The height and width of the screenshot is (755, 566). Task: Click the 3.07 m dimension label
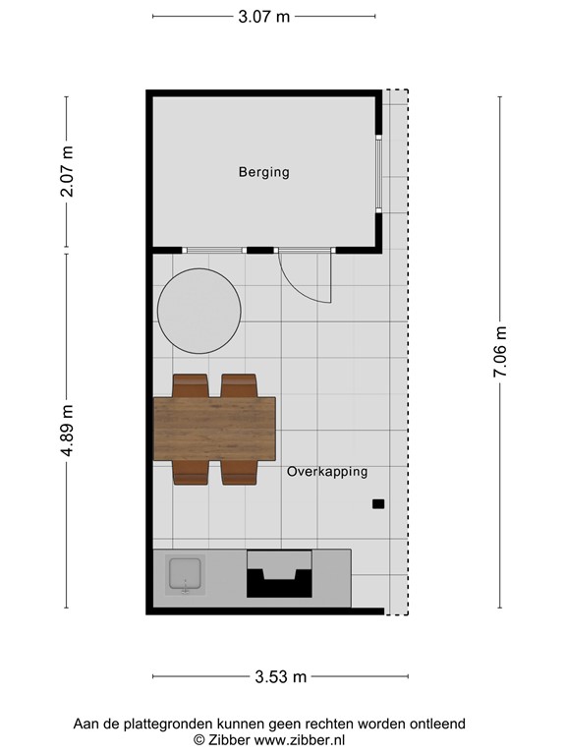(263, 17)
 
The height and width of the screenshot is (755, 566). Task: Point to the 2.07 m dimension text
(67, 171)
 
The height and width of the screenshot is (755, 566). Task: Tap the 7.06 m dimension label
(500, 352)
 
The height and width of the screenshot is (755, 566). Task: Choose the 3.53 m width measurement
(280, 676)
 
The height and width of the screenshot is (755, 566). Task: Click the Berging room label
(263, 172)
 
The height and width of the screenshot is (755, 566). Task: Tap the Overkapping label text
(327, 472)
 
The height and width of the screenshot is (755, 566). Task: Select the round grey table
(199, 311)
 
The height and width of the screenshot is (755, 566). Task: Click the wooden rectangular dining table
(214, 430)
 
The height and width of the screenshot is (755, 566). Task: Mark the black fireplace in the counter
(279, 574)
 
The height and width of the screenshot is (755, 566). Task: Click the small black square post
(378, 504)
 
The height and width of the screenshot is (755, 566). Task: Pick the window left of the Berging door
(214, 251)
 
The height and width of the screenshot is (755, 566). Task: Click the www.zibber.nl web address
(300, 739)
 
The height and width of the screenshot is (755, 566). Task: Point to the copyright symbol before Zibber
(198, 739)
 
